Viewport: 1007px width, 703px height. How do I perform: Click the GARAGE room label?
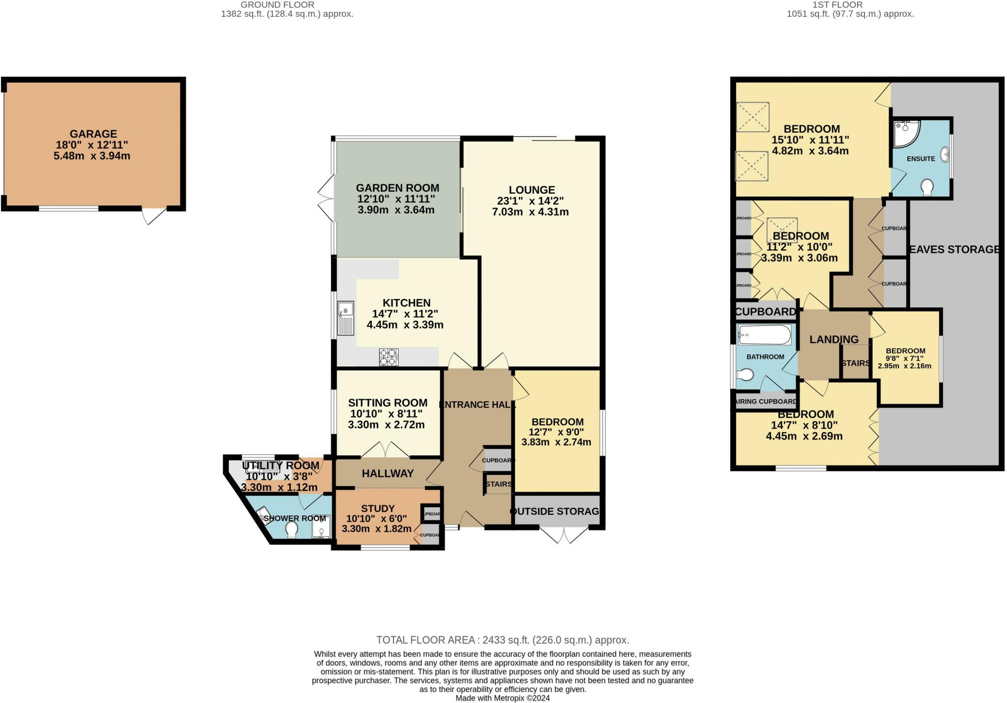pyautogui.click(x=93, y=134)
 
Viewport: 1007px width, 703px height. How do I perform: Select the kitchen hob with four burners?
pyautogui.click(x=388, y=357)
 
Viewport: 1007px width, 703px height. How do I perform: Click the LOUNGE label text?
pyautogui.click(x=532, y=190)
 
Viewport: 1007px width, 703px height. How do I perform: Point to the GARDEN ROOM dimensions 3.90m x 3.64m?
pyautogui.click(x=396, y=210)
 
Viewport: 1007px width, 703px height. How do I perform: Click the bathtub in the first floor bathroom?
pyautogui.click(x=765, y=336)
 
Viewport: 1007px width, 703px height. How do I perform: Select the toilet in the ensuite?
pyautogui.click(x=927, y=187)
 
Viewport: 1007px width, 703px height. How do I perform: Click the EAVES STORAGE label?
pyautogui.click(x=954, y=249)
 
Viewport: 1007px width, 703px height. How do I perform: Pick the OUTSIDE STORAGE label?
pyautogui.click(x=556, y=511)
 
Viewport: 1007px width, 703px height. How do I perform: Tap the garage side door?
pyautogui.click(x=154, y=215)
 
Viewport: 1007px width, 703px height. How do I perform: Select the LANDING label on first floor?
pyautogui.click(x=834, y=339)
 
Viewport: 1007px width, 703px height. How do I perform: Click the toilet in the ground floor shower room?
pyautogui.click(x=292, y=529)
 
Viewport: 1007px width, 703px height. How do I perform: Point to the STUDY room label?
pyautogui.click(x=378, y=508)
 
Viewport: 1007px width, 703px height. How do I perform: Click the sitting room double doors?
pyautogui.click(x=386, y=449)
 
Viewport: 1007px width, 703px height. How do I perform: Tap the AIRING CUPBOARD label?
pyautogui.click(x=766, y=402)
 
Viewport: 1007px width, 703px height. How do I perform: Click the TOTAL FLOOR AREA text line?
pyautogui.click(x=503, y=640)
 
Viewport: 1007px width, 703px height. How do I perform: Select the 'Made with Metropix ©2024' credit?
pyautogui.click(x=503, y=698)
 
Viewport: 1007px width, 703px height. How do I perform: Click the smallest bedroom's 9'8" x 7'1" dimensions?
pyautogui.click(x=905, y=358)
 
